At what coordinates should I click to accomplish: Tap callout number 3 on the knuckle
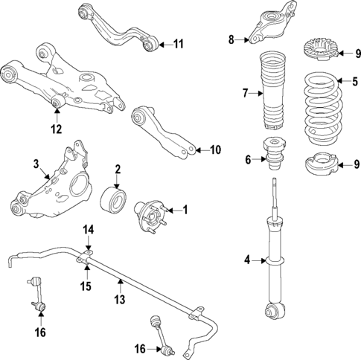click(35, 163)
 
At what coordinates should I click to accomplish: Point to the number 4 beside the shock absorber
click(246, 260)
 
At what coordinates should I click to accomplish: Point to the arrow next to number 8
click(241, 39)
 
